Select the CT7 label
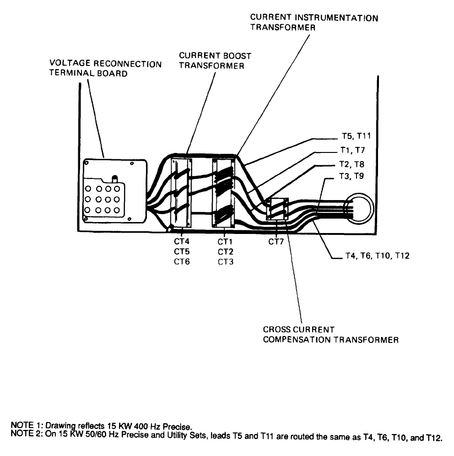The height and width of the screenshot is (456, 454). (276, 241)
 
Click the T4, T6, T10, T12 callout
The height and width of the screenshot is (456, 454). (376, 256)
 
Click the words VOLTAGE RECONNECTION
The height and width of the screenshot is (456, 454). (105, 64)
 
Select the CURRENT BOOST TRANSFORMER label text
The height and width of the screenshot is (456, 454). (215, 60)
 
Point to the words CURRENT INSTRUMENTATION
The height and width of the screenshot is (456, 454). (314, 18)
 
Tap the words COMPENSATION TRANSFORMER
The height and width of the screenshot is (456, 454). (330, 340)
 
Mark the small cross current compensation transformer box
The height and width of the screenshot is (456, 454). (277, 209)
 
